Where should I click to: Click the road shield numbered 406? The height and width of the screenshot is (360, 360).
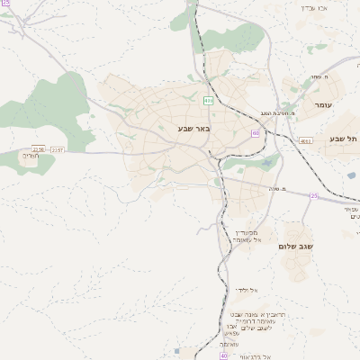pyautogui.click(x=208, y=100)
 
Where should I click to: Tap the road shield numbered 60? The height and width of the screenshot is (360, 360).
pyautogui.click(x=256, y=132)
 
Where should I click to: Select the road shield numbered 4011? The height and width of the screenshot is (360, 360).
pyautogui.click(x=305, y=140)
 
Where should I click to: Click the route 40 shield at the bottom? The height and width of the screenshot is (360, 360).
pyautogui.click(x=198, y=355)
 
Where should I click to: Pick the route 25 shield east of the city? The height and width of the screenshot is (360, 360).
pyautogui.click(x=314, y=195)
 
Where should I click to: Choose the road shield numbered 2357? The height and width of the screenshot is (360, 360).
pyautogui.click(x=57, y=149)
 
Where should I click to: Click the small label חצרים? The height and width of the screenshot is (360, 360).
pyautogui.click(x=32, y=155)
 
